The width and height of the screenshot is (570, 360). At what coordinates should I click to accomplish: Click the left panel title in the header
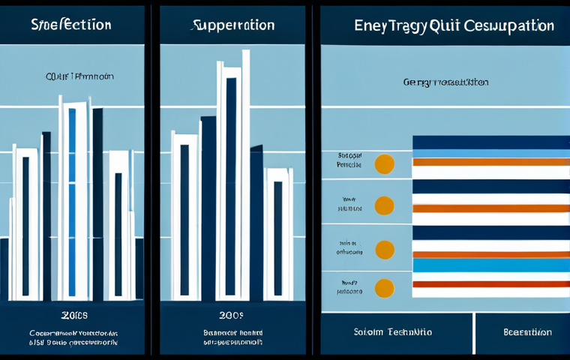coord(71,25)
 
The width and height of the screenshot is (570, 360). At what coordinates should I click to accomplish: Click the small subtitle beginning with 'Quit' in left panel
coord(71,76)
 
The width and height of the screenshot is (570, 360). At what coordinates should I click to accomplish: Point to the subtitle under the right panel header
coord(445,82)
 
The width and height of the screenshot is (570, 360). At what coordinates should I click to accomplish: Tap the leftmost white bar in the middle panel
coord(184,217)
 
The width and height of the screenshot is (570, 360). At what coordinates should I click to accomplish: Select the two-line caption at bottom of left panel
coord(73,337)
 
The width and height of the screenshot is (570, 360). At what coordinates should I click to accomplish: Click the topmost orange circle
coord(384,164)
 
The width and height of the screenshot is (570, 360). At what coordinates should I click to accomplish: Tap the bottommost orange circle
coord(384,287)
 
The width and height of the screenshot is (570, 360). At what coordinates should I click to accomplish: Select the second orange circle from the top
coord(384,205)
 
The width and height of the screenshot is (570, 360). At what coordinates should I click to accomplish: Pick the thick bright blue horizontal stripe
coord(491,265)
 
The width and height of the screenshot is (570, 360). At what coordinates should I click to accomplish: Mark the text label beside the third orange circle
coord(349,247)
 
